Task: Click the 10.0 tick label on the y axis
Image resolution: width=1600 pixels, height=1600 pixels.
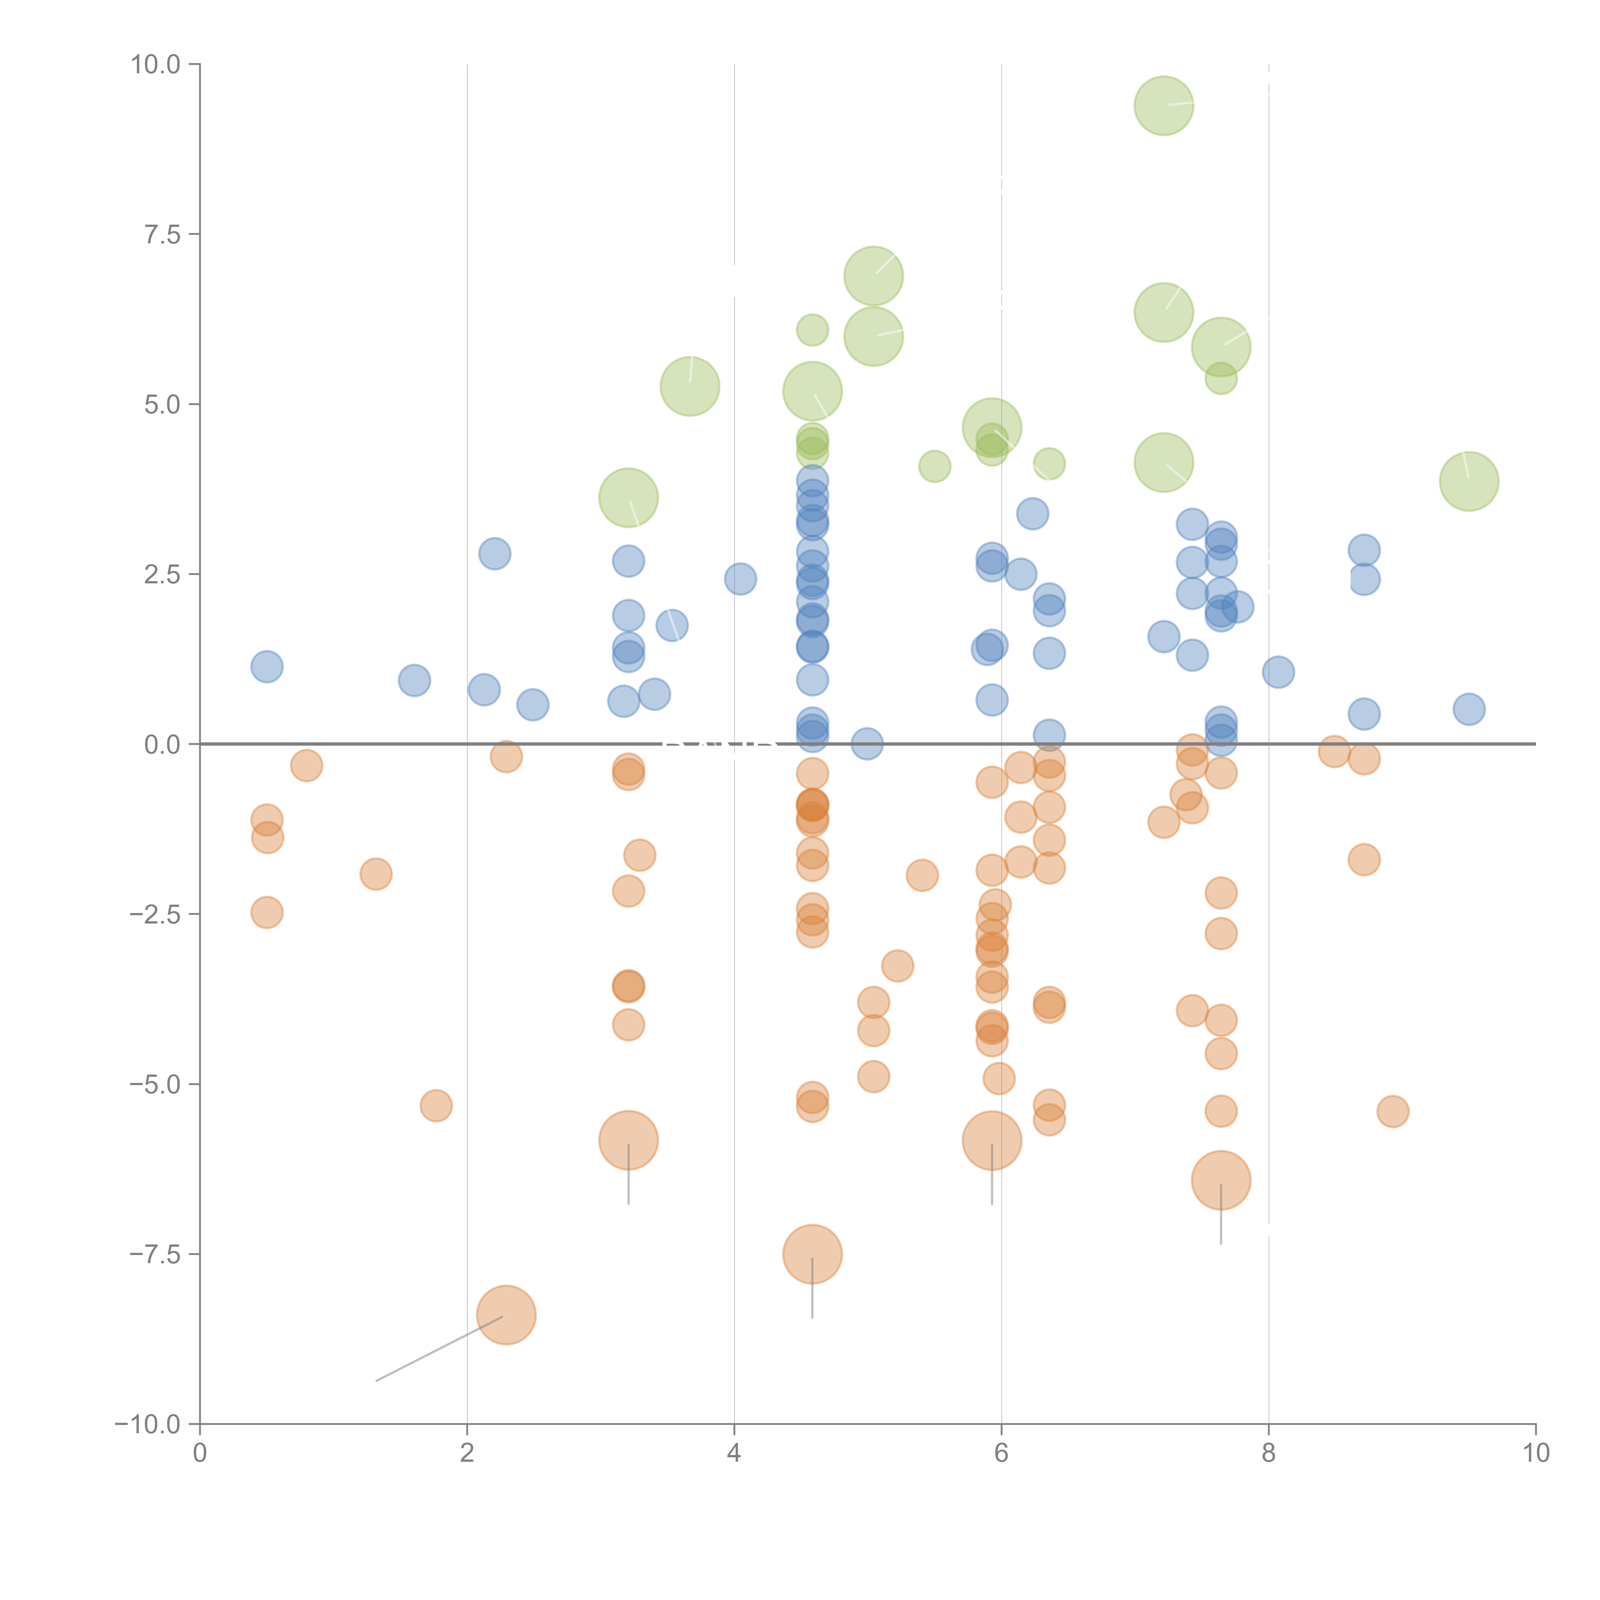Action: pos(156,65)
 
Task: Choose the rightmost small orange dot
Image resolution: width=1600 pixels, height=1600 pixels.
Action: pos(1393,1111)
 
